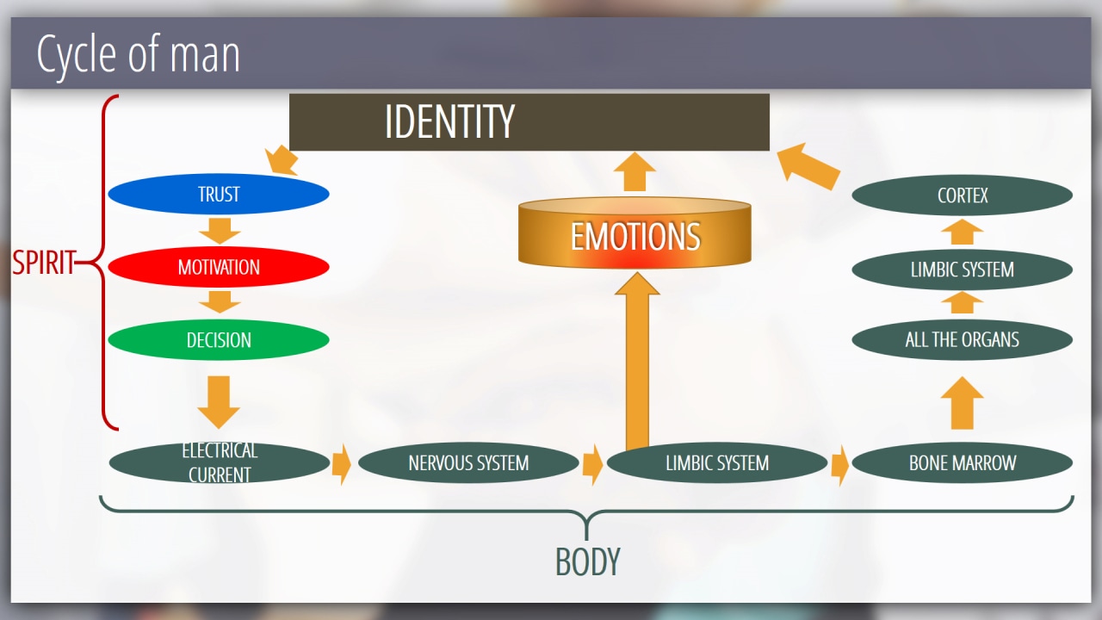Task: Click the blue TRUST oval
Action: (219, 195)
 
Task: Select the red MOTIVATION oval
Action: (219, 267)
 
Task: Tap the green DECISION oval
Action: (219, 340)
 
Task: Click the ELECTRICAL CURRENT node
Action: (219, 462)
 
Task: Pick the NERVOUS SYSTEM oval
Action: (468, 463)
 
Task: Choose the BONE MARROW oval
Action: (962, 463)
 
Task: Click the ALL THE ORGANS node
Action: (962, 339)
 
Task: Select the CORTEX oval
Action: (962, 195)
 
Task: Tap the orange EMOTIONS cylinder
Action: (635, 235)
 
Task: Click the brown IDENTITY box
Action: (529, 122)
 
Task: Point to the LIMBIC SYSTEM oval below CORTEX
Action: (962, 270)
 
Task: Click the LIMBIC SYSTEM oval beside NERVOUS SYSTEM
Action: (716, 463)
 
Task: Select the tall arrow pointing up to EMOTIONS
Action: (637, 362)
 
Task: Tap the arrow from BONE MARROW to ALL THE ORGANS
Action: (962, 402)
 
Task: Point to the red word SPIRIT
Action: (43, 263)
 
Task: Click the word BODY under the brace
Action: (587, 562)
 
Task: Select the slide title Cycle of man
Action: (138, 54)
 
